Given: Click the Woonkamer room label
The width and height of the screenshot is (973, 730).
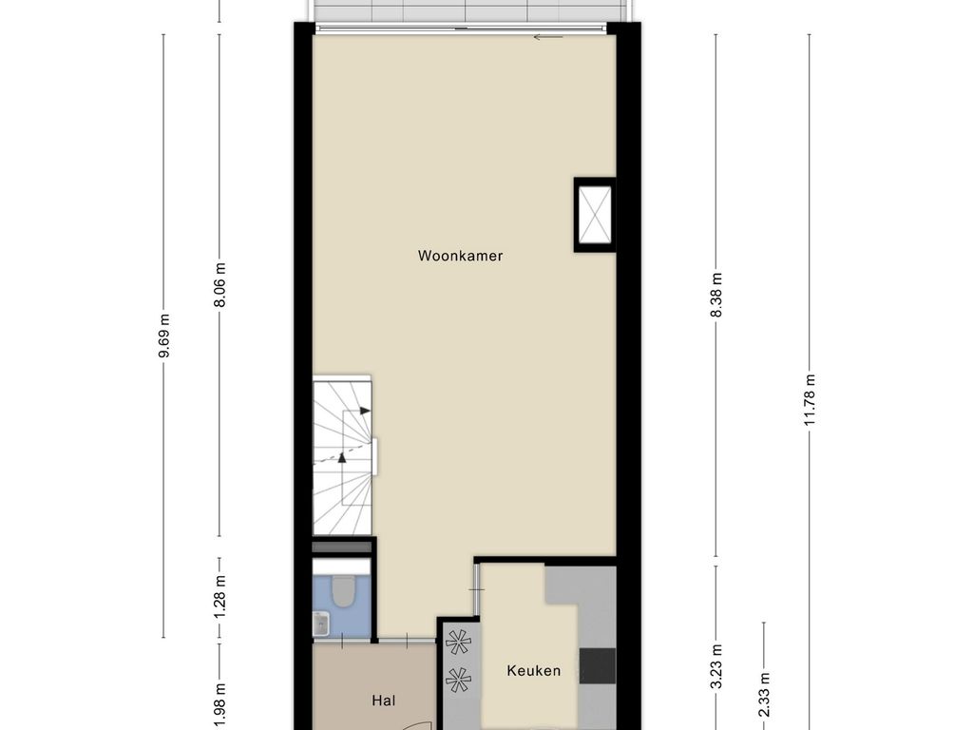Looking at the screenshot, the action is click(460, 256).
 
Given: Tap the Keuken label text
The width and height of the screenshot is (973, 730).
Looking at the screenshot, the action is click(534, 670).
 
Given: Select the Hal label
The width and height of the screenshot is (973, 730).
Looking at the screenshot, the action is click(384, 701).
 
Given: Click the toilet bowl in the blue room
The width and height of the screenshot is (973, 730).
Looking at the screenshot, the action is click(342, 591).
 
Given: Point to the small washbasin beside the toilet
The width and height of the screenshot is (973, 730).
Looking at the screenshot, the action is click(320, 624).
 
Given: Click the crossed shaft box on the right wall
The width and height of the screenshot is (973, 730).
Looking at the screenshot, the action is click(595, 215).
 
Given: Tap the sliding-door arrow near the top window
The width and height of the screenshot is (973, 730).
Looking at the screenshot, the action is click(548, 37).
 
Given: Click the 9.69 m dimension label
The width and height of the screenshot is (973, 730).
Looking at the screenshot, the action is click(163, 336).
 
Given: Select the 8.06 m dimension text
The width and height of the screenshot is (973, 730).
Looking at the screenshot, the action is click(219, 285).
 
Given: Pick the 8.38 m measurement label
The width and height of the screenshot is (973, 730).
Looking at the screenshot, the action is click(716, 295).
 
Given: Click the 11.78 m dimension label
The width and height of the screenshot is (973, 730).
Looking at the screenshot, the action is click(810, 400).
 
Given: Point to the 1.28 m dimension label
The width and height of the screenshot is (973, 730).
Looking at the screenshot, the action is click(219, 597).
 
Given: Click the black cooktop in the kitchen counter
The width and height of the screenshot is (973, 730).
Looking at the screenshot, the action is click(598, 664).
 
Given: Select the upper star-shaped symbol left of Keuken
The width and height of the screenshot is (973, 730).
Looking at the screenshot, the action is click(458, 642).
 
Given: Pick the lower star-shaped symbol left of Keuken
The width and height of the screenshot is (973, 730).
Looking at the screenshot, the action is click(458, 680).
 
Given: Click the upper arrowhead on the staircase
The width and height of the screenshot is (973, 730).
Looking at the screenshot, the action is click(365, 411).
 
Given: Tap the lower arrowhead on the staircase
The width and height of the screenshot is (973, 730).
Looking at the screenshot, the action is click(341, 457).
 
